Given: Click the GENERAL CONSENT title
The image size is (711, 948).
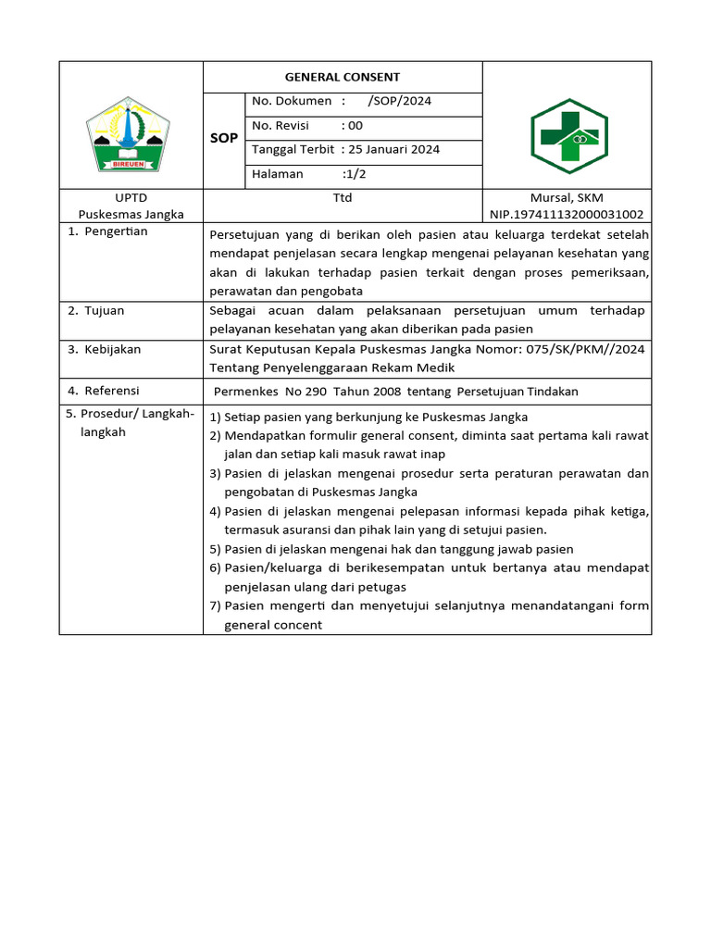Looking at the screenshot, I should (342, 78).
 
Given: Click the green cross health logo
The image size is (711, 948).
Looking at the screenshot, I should (568, 137).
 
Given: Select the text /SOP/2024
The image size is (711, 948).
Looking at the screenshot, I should (399, 101).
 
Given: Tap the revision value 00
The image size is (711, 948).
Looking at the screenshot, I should (355, 125).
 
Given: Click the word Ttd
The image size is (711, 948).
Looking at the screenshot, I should (343, 198).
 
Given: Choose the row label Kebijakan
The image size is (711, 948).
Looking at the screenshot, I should (113, 350).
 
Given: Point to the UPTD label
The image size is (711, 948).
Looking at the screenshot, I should (131, 198).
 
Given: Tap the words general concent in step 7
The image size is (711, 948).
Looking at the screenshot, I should (273, 625).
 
